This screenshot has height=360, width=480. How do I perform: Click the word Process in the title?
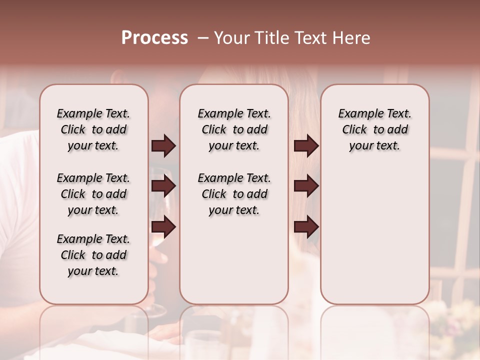pos(154,38)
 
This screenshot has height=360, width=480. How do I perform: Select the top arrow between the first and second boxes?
pos(163,146)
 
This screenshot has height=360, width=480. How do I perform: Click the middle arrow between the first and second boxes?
pos(163,186)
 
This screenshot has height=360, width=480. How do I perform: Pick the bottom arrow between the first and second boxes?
pos(163,227)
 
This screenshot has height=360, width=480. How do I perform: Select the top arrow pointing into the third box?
pos(306,146)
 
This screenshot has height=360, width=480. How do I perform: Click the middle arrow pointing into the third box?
pos(306,186)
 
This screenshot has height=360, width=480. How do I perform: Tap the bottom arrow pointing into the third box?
pos(306,227)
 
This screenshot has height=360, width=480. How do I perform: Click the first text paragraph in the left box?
pos(93,130)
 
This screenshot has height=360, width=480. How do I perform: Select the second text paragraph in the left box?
pos(93,194)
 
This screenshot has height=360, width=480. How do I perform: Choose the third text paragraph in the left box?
pos(93,255)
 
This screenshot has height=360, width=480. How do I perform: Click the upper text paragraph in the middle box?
pos(234,130)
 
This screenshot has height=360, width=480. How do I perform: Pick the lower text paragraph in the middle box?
pos(234,194)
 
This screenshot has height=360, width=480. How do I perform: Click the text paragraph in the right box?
pos(374,130)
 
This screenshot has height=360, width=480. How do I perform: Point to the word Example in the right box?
pos(356,114)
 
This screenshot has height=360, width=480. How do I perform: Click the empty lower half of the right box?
pos(374,240)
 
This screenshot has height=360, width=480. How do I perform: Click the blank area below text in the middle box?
pos(234,260)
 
